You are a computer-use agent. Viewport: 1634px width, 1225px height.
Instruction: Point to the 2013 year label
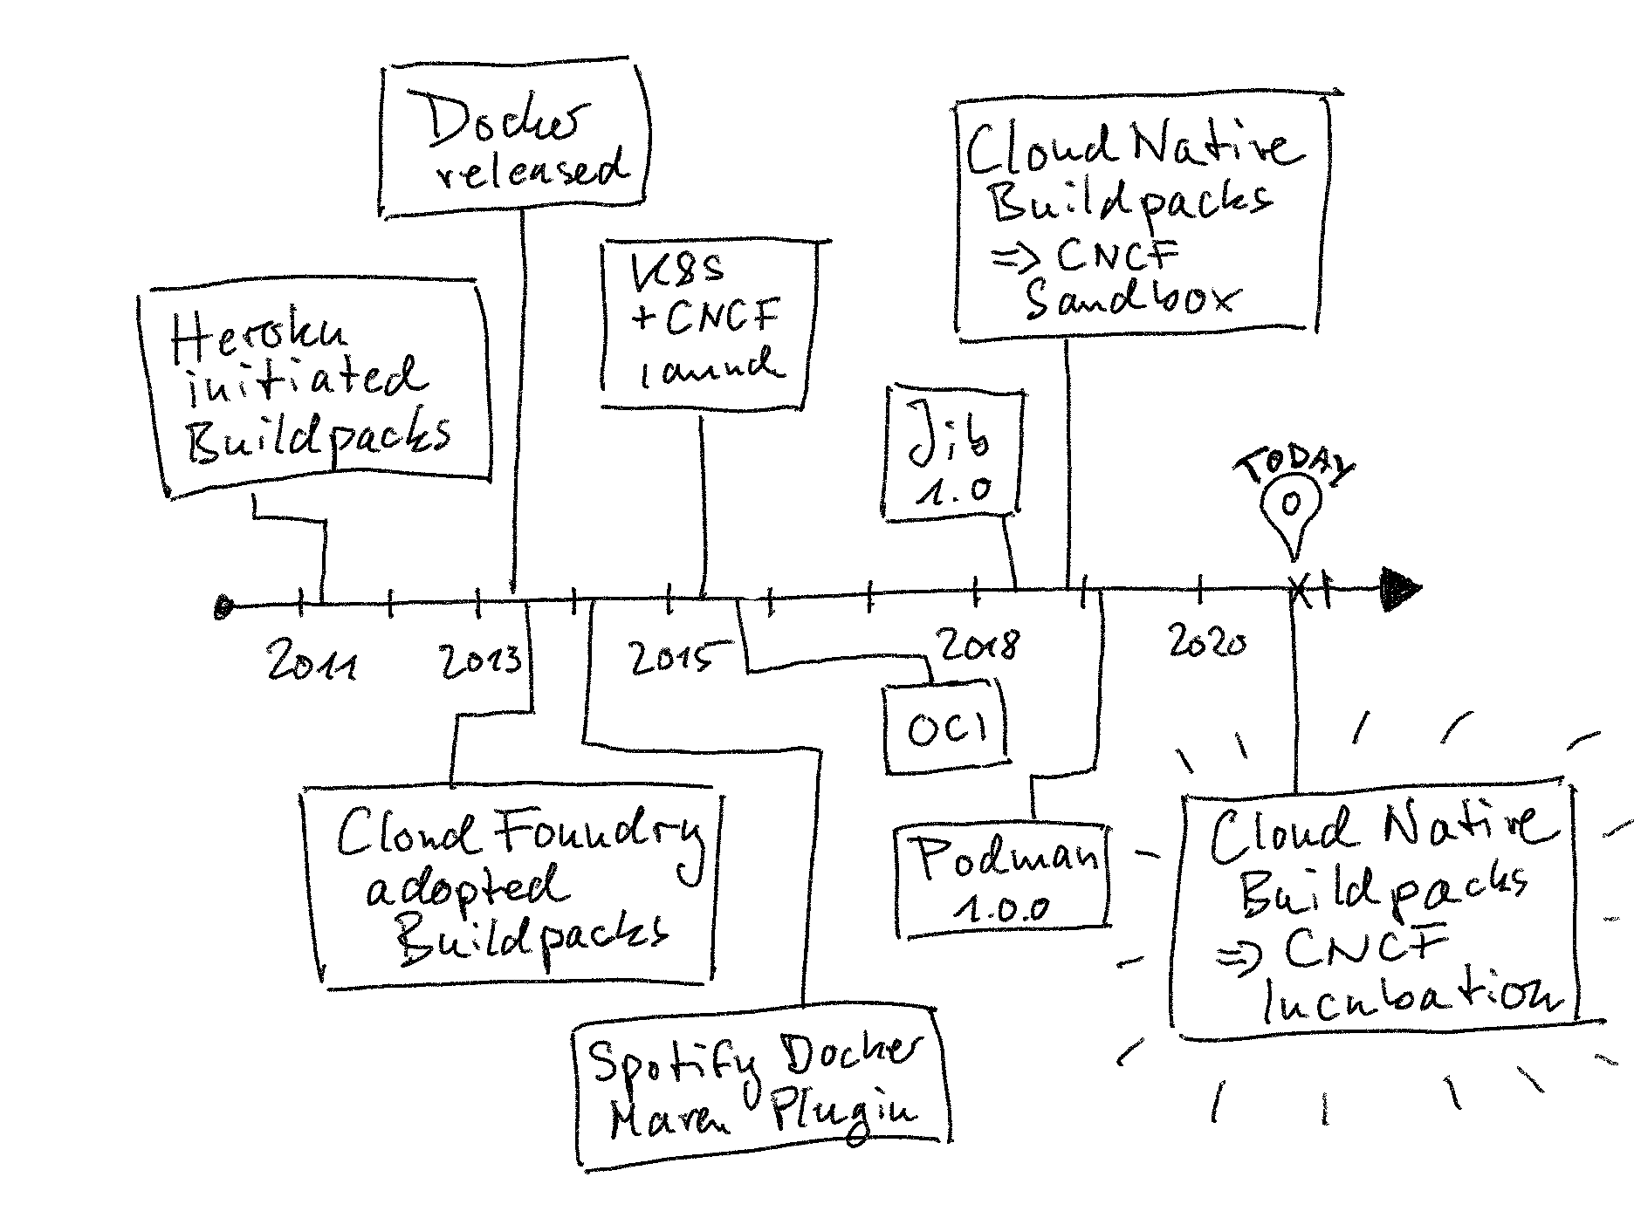tap(481, 660)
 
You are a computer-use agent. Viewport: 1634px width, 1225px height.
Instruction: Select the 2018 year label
tap(978, 646)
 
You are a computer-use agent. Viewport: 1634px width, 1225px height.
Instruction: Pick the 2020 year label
tap(1208, 643)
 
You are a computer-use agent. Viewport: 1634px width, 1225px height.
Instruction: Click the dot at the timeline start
tap(224, 606)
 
